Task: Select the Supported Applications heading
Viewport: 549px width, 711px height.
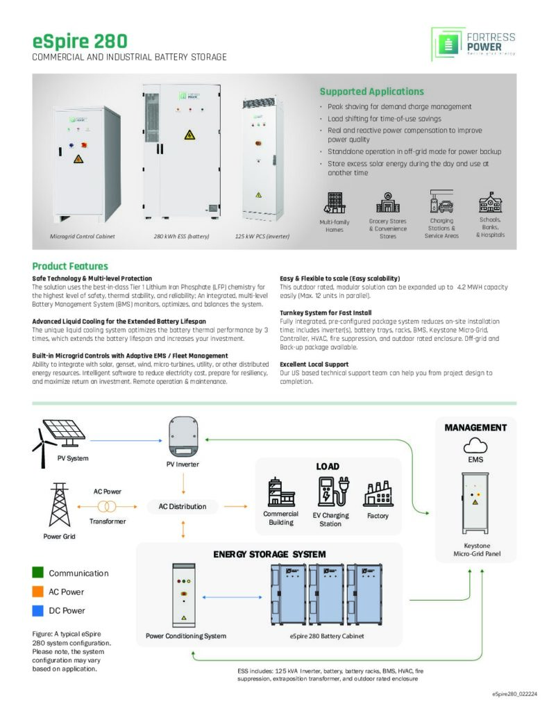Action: click(371, 92)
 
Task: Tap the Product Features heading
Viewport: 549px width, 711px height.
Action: click(70, 266)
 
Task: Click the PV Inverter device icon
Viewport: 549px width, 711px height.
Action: click(183, 433)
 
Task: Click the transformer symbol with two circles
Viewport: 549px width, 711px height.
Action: click(107, 506)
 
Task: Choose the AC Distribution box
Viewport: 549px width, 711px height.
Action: click(183, 506)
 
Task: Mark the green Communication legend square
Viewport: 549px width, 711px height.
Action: click(38, 573)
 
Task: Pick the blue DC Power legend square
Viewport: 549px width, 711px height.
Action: click(38, 610)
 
